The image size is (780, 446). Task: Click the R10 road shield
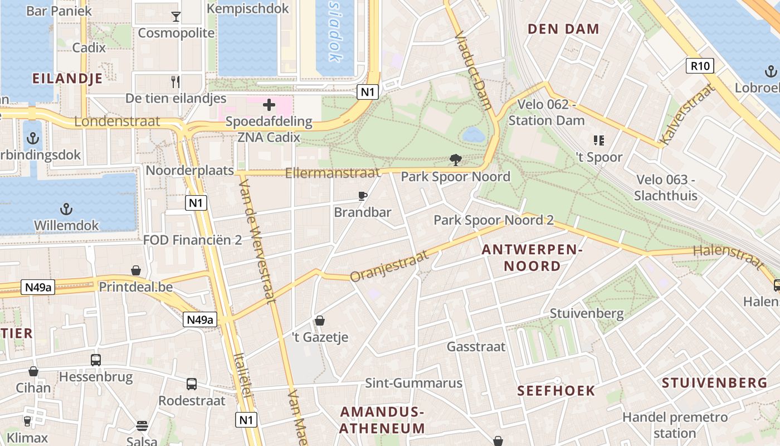700,66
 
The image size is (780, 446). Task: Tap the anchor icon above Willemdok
66,209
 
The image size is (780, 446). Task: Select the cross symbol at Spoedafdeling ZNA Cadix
269,104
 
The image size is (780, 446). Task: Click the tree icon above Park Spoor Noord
455,161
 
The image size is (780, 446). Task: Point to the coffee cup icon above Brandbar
363,196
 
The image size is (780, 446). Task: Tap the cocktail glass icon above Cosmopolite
176,16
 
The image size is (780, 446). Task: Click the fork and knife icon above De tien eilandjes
176,82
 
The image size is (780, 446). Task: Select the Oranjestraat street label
389,266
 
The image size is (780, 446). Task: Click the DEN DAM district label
563,29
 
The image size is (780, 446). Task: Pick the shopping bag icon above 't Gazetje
320,321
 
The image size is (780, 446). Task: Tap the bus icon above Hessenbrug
96,360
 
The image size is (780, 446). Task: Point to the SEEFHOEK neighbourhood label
556,390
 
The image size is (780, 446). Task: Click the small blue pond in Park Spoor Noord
473,134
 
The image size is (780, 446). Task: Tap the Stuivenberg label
587,313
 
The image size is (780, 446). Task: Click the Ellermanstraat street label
332,173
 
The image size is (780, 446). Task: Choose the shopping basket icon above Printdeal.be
136,270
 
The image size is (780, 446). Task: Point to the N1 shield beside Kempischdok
367,92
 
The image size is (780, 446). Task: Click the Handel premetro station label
675,425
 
